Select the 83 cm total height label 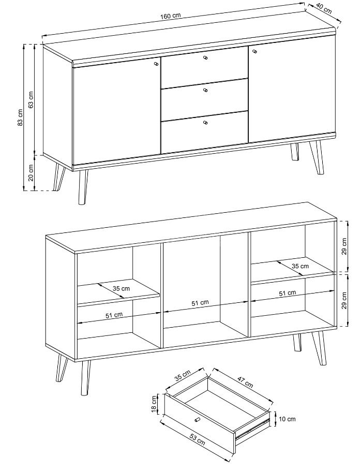click(20, 117)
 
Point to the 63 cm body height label click(32, 99)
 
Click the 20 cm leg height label click(31, 173)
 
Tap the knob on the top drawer click(205, 58)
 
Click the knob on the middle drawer click(205, 90)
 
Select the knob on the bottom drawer click(205, 122)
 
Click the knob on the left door click(156, 64)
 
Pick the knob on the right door click(255, 51)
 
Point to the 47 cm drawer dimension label click(245, 382)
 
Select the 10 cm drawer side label click(287, 419)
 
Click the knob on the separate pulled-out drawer click(197, 420)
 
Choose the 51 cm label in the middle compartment click(200, 303)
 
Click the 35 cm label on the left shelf click(122, 289)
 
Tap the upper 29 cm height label click(344, 246)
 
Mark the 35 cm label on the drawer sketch click(182, 375)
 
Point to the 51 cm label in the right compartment click(288, 294)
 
